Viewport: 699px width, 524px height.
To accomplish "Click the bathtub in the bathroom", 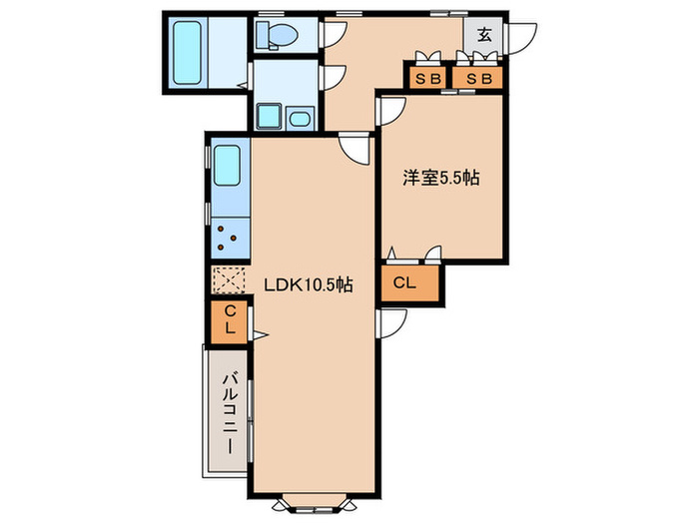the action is [x=187, y=53].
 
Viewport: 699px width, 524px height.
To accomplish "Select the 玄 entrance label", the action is [x=484, y=35].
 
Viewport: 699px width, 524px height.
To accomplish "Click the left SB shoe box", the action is [x=428, y=79].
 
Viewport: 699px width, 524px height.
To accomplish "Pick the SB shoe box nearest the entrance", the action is [x=478, y=79].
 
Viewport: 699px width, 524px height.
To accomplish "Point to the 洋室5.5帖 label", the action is [x=441, y=178].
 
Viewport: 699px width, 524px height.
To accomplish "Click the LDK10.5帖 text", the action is [x=309, y=284].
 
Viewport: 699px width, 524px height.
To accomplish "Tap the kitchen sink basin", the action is [x=228, y=166].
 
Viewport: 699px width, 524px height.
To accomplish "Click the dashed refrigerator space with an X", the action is [x=229, y=280].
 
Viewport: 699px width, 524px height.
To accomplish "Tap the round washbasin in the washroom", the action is [x=300, y=119].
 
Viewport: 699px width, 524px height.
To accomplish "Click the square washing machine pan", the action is [x=270, y=117].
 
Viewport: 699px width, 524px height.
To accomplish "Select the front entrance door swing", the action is [x=520, y=39].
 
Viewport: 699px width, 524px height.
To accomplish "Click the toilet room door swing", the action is [x=334, y=35].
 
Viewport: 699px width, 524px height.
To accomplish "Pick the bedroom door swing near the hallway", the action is [x=391, y=112].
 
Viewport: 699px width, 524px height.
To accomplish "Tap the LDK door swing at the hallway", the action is [x=354, y=149].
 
